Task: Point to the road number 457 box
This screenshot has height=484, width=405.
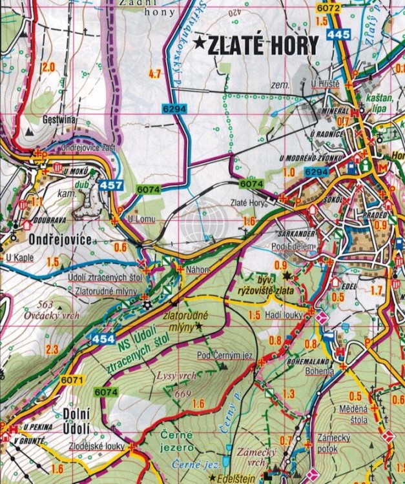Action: [110, 186]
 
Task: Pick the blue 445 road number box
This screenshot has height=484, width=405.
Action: [338, 35]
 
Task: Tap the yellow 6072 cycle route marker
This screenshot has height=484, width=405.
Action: [327, 8]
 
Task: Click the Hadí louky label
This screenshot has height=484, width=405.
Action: [284, 315]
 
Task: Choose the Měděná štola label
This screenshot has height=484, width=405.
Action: [353, 414]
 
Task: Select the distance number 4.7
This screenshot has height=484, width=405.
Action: [154, 74]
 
